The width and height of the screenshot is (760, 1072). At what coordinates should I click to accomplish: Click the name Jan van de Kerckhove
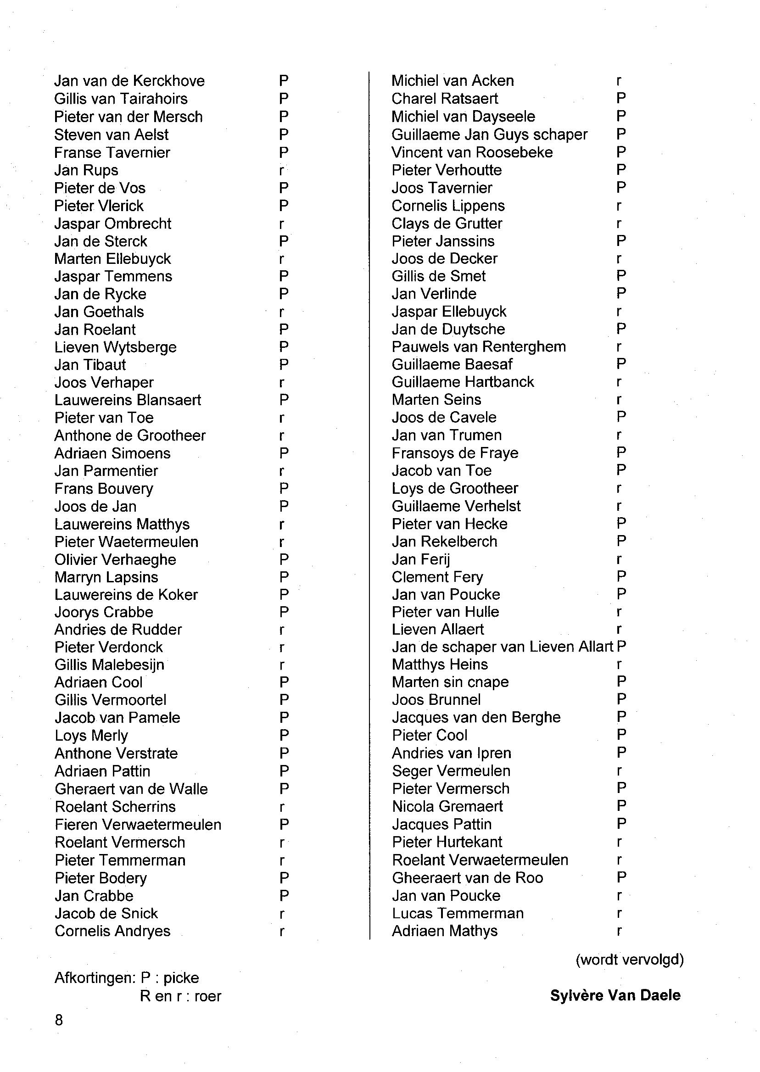(129, 81)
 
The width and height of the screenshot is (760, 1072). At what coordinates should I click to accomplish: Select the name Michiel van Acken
(453, 81)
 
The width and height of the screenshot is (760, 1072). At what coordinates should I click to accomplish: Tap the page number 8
(58, 1020)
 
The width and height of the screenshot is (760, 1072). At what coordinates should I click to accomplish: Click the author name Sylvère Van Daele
(615, 995)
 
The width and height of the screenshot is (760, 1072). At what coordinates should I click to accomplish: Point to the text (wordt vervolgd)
(630, 960)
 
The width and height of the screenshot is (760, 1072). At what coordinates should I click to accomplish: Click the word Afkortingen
(95, 978)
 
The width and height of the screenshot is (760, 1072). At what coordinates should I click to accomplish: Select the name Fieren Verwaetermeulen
(138, 825)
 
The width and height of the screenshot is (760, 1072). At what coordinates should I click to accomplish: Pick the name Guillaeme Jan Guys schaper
(489, 134)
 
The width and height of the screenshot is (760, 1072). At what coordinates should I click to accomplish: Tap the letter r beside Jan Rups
(281, 171)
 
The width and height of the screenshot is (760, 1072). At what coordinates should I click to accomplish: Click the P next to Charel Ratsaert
(621, 98)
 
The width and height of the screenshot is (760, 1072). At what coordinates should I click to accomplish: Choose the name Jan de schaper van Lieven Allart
(502, 647)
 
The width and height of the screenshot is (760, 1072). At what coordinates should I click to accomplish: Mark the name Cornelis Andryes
(112, 931)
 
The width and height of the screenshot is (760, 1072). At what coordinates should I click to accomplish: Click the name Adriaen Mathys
(445, 931)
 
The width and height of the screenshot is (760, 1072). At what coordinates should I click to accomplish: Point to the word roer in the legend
(208, 996)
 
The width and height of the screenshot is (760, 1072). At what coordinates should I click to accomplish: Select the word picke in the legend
(181, 978)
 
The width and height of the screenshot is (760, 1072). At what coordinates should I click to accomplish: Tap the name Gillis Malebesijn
(110, 664)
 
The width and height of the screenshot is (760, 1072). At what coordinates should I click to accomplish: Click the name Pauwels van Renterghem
(479, 347)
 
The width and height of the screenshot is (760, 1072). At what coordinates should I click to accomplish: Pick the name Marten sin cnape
(450, 682)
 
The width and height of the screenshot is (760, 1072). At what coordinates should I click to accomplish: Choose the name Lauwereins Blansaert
(128, 400)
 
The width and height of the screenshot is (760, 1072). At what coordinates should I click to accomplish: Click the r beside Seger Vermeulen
(619, 770)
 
